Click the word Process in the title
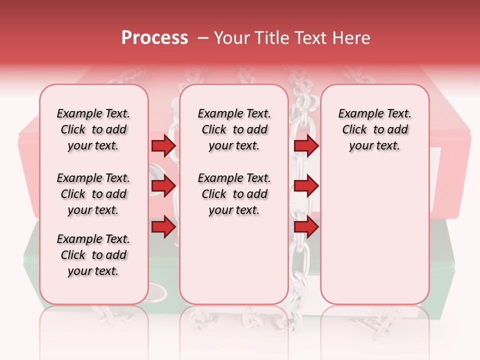click(154, 38)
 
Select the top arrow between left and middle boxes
click(163, 146)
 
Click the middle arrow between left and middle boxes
click(163, 186)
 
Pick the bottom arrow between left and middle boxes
click(163, 227)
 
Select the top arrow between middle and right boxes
click(306, 146)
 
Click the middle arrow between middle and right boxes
click(306, 186)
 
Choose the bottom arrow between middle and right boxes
click(306, 227)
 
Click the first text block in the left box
click(93, 130)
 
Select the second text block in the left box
click(93, 194)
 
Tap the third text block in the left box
click(93, 255)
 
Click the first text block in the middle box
click(234, 130)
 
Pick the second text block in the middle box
click(234, 194)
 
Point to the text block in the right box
click(374, 130)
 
